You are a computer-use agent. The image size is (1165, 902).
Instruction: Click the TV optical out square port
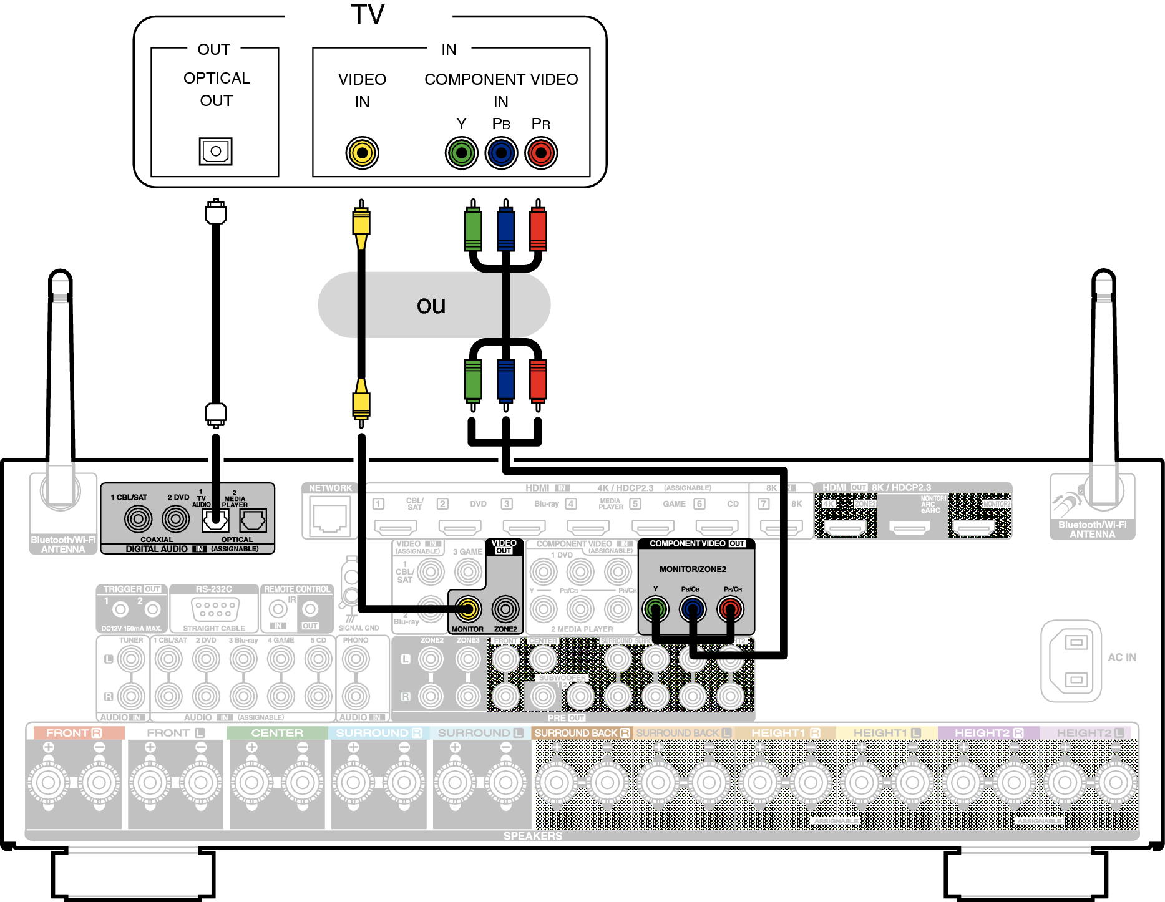pos(215,151)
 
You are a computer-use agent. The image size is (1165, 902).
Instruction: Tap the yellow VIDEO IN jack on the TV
pos(362,153)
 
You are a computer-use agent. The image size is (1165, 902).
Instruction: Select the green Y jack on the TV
pos(461,153)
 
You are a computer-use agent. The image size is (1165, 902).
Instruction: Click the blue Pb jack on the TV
pos(501,153)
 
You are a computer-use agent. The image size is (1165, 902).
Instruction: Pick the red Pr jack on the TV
pos(541,153)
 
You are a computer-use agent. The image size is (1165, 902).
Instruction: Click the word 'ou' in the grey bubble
pos(431,305)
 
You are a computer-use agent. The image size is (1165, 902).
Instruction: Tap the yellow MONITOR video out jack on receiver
pos(467,609)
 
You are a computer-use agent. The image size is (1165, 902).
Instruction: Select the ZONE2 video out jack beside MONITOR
pos(505,609)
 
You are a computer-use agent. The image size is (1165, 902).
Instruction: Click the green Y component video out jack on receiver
pos(655,609)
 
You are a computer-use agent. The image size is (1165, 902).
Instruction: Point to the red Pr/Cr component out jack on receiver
pos(730,609)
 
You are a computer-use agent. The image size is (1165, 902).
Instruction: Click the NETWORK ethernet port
pos(330,518)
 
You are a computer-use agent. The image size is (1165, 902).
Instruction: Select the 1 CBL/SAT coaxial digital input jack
pos(138,518)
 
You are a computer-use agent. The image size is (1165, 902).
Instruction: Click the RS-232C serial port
pos(215,609)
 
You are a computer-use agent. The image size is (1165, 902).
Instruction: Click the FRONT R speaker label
pos(74,733)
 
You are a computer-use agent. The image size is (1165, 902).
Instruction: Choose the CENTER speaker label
pos(277,733)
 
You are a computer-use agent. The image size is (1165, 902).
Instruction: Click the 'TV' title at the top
pos(368,14)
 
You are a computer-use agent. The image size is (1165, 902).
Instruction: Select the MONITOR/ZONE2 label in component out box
pos(693,569)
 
